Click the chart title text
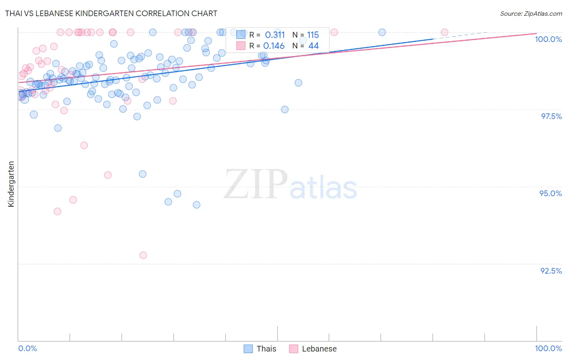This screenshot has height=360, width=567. pos(111,13)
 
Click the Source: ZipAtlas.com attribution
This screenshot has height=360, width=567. pos(531,13)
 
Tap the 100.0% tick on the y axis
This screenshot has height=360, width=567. pos(548,39)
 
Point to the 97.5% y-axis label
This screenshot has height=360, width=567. pos(551,116)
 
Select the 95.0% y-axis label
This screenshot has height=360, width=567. pos(550,193)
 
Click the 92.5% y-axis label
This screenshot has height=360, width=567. pos(551,271)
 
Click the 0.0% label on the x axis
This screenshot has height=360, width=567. pos(27,348)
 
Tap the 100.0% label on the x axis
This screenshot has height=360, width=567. pos(548,348)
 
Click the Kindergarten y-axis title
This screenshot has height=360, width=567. pos(11,184)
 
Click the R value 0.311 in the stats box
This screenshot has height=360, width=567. pos(275,35)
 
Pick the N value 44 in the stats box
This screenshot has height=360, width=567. pos(313,46)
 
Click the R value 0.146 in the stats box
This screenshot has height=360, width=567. pos(274,46)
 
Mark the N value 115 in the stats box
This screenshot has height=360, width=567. pos(313,35)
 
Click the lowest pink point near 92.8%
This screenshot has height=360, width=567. pos(143,255)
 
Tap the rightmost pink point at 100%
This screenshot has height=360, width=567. pos(444,32)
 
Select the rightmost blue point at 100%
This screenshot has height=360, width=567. pos(382,32)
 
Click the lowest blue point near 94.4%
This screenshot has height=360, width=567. pos(196,205)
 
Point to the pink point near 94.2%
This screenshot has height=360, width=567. pos(57,211)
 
